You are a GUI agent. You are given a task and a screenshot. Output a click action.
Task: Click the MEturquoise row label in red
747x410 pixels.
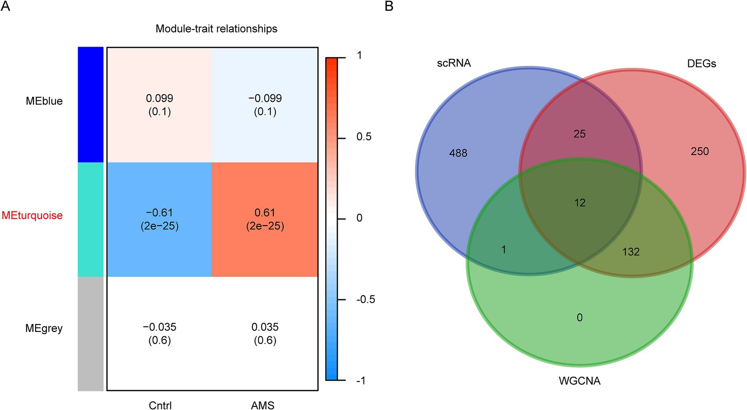[x=32, y=215]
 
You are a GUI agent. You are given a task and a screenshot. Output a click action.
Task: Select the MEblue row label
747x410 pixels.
[x=44, y=101]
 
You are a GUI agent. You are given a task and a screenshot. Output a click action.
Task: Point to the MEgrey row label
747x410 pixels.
[x=44, y=328]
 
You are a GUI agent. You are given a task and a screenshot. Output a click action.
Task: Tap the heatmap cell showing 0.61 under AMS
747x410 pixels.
[x=265, y=219]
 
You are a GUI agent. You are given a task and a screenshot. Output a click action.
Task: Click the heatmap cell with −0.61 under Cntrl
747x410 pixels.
[x=159, y=219]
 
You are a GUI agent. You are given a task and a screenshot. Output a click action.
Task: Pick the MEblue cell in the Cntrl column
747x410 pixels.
[x=159, y=105]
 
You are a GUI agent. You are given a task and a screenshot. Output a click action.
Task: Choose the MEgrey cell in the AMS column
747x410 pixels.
[x=265, y=333]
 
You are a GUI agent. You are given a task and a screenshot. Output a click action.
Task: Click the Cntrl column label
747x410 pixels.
[x=160, y=405]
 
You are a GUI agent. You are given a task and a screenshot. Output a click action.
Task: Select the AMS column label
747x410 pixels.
[x=262, y=405]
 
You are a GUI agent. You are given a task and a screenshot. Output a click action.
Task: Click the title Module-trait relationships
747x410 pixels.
[x=216, y=28]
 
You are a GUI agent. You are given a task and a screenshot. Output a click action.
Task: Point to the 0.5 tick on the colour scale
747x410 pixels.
[x=364, y=137]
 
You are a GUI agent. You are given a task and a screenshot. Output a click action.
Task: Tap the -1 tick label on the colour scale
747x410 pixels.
[x=360, y=381]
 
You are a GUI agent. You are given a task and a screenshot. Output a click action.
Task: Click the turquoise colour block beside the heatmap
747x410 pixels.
[x=90, y=219]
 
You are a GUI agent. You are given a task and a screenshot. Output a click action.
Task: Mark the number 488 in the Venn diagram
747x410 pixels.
[x=458, y=153]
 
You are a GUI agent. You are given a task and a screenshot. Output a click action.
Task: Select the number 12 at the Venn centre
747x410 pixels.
[x=579, y=203]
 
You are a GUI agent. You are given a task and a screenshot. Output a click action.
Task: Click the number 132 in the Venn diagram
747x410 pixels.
[x=630, y=252]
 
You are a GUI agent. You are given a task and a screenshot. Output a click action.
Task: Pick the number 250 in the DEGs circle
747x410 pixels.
[x=699, y=151]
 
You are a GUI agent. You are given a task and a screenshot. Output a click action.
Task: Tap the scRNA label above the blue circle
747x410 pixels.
[x=453, y=63]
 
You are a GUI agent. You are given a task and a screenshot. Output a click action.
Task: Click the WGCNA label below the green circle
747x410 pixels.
[x=579, y=381]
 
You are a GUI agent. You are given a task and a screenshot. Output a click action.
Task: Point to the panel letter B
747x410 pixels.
[x=388, y=6]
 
